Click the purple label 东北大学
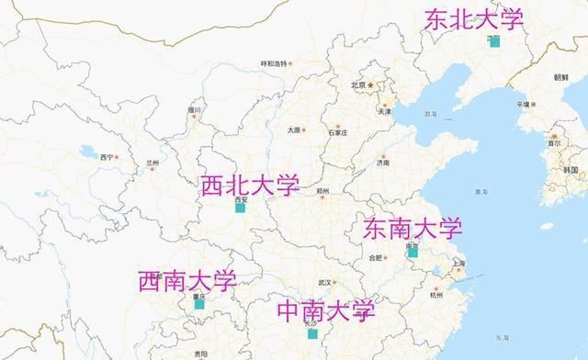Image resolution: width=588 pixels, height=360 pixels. tap(472, 19)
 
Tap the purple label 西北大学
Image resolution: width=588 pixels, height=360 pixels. tap(250, 186)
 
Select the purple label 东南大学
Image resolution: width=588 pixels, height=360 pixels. tap(413, 228)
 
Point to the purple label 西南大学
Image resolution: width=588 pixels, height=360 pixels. tap(187, 280)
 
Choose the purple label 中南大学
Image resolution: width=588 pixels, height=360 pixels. tap(326, 310)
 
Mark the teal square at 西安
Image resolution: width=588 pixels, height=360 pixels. tap(240, 208)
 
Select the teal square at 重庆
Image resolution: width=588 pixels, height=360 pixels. tap(199, 303)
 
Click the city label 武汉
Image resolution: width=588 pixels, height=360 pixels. tap(323, 282)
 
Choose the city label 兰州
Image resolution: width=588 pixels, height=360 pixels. tap(153, 163)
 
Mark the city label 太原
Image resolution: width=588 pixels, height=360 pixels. tap(293, 130)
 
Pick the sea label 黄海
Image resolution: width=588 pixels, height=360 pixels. tap(481, 192)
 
